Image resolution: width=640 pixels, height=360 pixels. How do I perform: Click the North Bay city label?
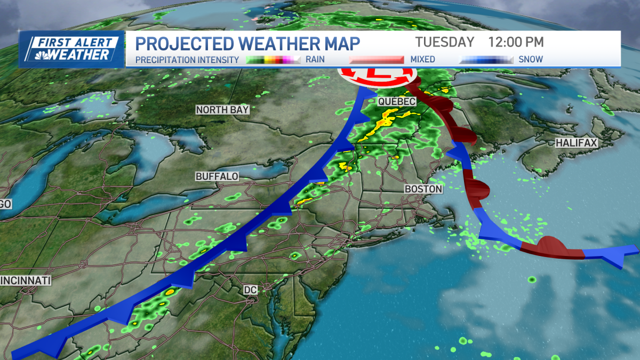[x=222, y=110]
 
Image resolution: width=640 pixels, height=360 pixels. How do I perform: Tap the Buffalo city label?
[x=217, y=176]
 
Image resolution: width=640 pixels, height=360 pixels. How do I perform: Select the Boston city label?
[x=423, y=189]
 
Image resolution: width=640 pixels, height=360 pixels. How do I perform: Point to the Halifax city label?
[x=577, y=143]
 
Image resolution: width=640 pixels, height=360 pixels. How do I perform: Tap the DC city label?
[x=250, y=290]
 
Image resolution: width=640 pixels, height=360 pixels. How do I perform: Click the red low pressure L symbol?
[x=378, y=74]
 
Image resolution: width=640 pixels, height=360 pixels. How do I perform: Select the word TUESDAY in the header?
[x=445, y=42]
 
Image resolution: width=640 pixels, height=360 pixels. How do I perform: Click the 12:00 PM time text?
[x=516, y=42]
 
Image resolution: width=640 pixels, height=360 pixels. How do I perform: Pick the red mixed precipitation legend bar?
[x=377, y=60]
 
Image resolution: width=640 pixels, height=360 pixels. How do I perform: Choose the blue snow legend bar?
[x=486, y=60]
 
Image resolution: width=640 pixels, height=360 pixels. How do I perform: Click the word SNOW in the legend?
[x=531, y=60]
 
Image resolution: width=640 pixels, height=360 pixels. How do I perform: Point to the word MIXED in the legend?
[x=422, y=60]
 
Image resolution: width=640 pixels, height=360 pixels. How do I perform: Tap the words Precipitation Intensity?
[x=187, y=60]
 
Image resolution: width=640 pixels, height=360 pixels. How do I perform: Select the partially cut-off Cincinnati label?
[x=25, y=280]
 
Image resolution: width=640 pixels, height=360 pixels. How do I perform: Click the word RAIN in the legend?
[x=314, y=60]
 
